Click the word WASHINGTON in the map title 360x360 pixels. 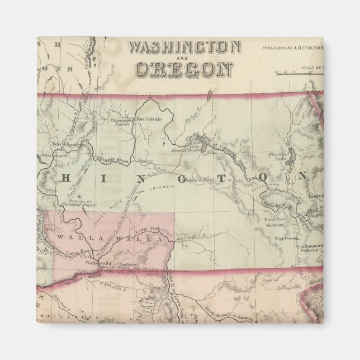point(184,46)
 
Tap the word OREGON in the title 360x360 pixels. point(184,69)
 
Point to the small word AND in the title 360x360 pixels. point(184,58)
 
